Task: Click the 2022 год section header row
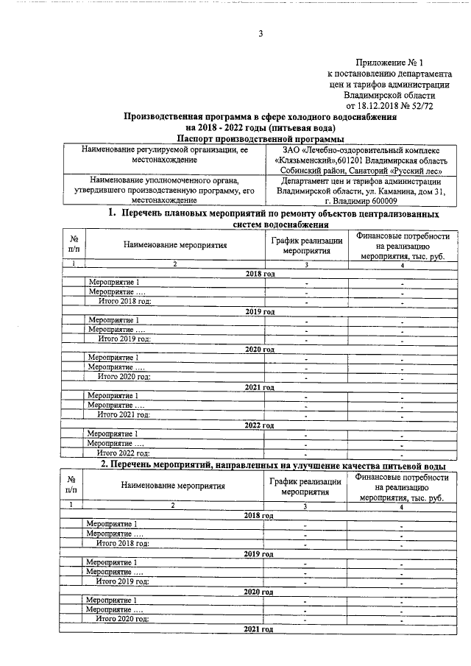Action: click(x=259, y=425)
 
